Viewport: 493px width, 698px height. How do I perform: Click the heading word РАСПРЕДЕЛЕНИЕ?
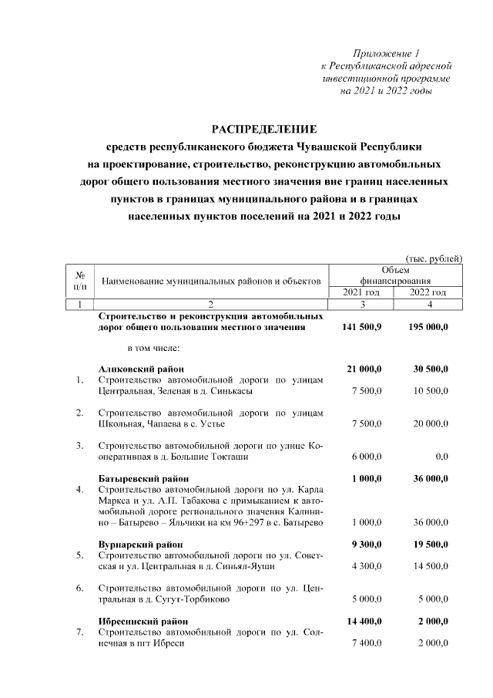[264, 128]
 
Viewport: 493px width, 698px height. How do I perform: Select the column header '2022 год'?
[428, 292]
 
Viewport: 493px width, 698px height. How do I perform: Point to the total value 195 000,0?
[428, 327]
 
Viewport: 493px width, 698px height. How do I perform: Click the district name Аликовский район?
[141, 369]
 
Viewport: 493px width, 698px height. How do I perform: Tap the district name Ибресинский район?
[145, 621]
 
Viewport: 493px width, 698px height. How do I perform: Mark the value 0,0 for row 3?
[441, 457]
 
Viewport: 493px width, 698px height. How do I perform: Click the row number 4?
[80, 490]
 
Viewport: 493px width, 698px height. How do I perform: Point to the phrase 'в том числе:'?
[143, 346]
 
